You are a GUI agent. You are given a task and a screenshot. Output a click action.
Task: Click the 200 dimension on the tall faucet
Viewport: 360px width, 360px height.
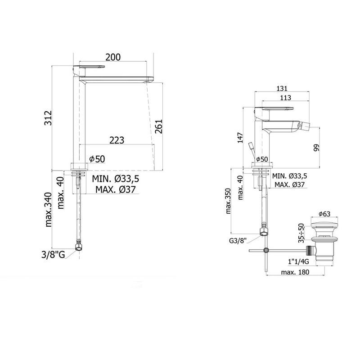coord(113,57)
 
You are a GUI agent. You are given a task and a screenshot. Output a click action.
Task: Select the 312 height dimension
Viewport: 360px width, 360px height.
coord(48,118)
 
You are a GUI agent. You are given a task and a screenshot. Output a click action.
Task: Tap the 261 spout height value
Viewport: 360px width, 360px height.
coord(158,126)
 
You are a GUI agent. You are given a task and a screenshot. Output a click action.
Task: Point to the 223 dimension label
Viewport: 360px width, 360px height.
coord(117,140)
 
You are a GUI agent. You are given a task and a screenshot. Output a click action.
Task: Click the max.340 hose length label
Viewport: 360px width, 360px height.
coord(49,210)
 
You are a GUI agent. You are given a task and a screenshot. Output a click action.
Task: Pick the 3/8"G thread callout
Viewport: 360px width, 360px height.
coord(53,255)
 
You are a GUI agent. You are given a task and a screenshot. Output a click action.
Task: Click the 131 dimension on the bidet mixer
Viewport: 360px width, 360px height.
coord(282,88)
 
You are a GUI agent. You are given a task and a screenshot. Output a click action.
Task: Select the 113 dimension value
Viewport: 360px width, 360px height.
coord(286,98)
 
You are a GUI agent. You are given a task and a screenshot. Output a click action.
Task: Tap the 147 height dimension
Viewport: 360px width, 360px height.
coord(240,138)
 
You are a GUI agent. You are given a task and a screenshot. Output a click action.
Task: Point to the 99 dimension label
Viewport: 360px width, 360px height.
coord(317,148)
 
